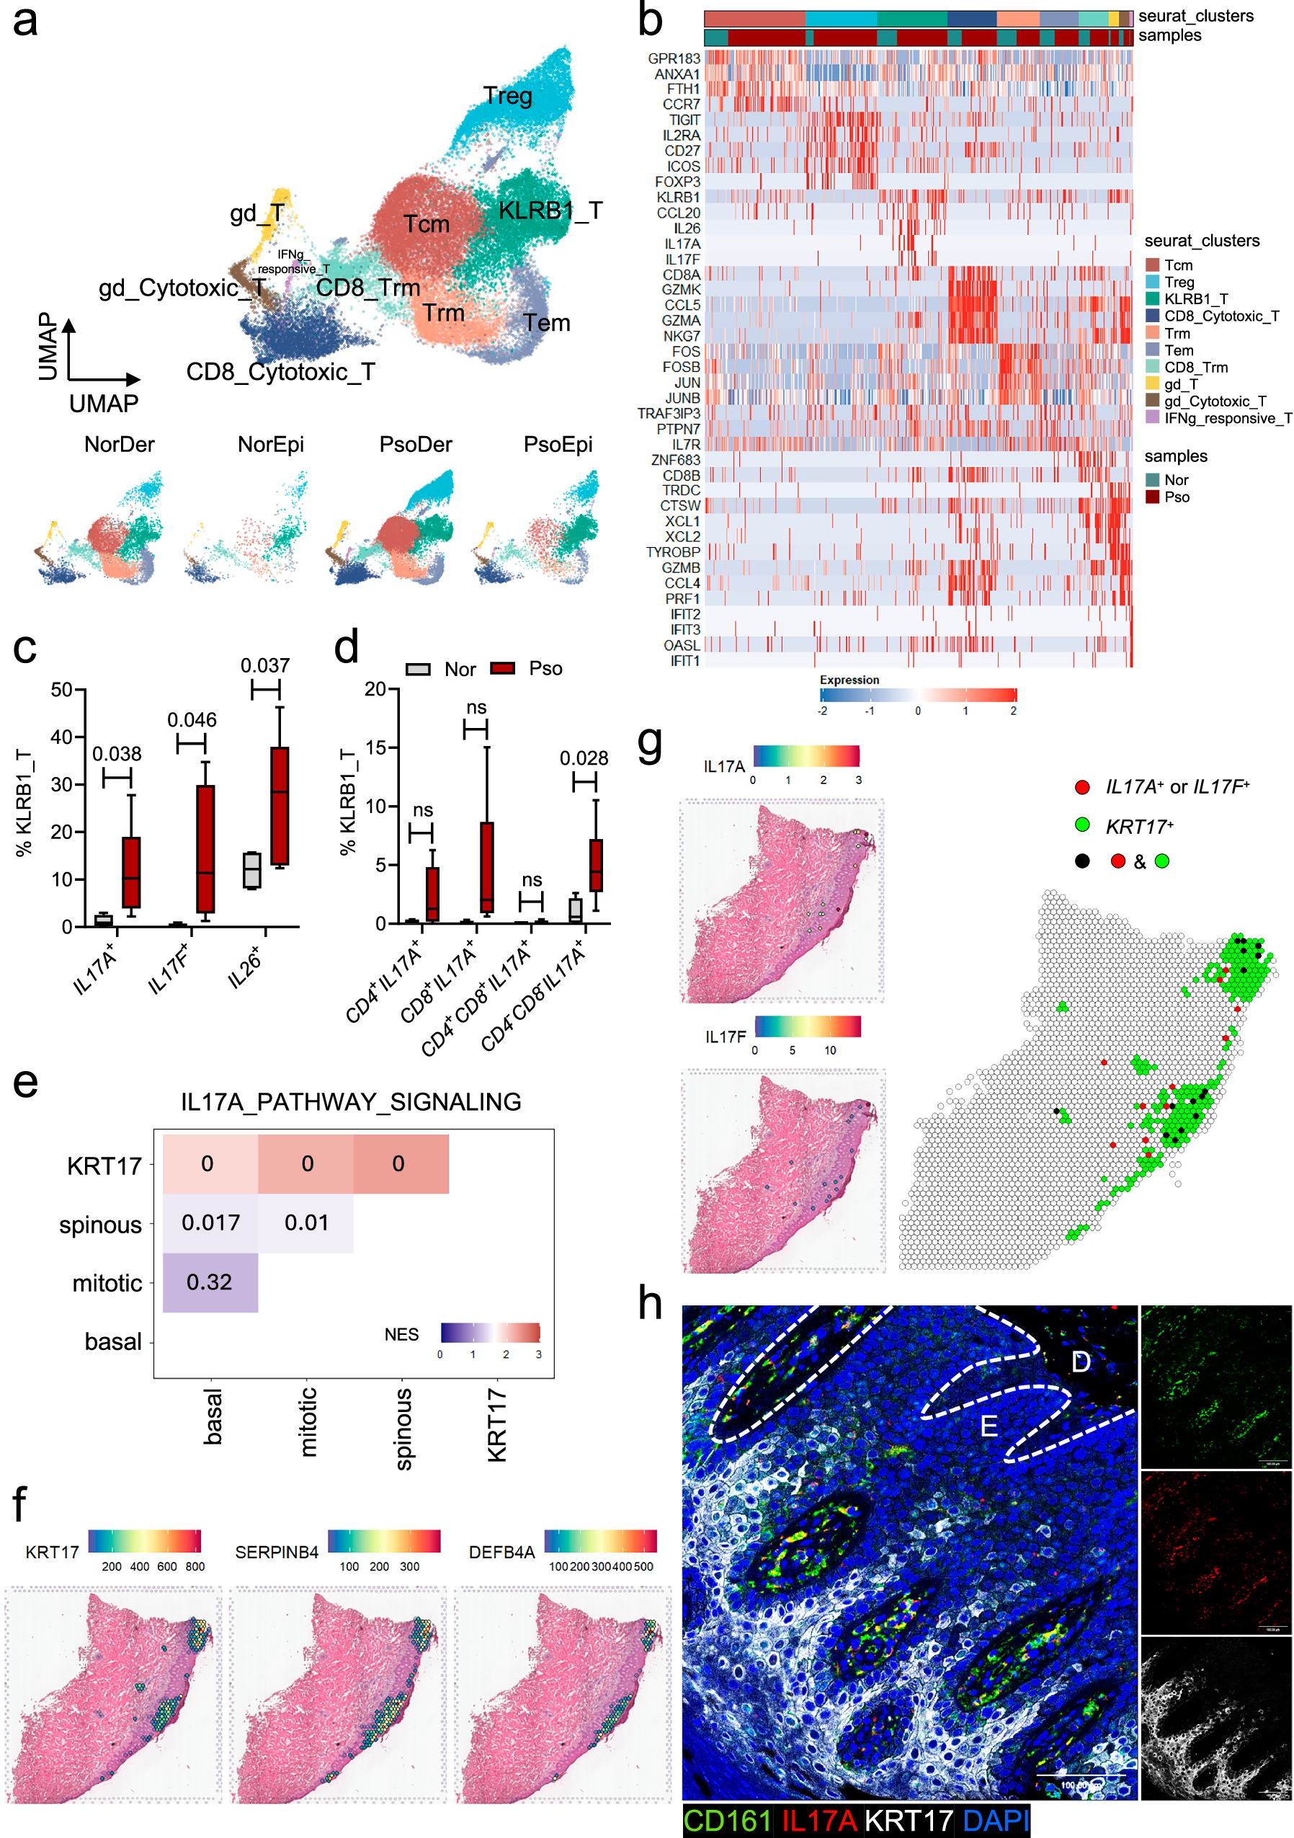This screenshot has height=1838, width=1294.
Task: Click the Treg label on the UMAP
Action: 507,96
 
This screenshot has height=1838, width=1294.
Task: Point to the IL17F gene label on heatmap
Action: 682,259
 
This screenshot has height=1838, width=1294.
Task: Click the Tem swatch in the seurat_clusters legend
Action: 1151,350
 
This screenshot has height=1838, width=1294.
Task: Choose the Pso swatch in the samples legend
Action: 1151,497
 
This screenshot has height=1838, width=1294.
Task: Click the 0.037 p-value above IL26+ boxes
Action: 265,665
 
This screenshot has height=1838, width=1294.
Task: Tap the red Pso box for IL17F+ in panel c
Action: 205,848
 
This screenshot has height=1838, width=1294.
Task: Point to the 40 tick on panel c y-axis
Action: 62,737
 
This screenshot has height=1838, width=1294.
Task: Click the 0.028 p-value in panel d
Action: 584,758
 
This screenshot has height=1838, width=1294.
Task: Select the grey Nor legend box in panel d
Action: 418,669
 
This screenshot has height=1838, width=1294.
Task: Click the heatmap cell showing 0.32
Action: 210,1282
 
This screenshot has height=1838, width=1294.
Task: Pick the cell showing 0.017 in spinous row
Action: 210,1222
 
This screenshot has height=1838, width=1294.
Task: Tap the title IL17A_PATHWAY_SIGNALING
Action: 350,1101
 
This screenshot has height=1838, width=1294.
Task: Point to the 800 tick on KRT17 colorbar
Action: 195,1566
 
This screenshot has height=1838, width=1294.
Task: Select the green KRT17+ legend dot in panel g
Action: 1082,824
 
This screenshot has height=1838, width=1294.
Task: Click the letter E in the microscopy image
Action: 989,1426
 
